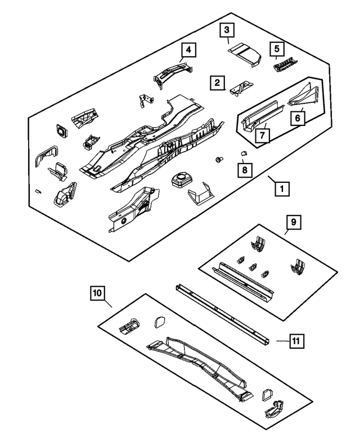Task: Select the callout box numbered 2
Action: (x=216, y=83)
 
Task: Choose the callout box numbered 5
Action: (x=276, y=48)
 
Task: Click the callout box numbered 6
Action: (x=298, y=118)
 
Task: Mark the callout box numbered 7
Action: (x=261, y=135)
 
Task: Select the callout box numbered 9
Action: (x=293, y=223)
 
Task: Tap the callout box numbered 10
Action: (x=97, y=293)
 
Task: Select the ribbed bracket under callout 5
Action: (x=283, y=66)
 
